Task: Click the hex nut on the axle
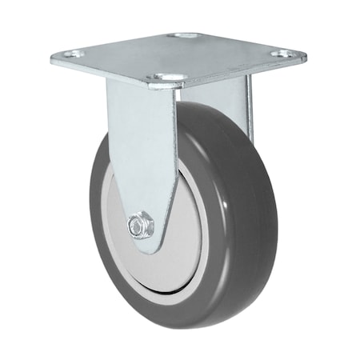pos(142,226)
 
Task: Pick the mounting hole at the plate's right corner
pos(281,54)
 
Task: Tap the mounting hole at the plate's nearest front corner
pos(167,78)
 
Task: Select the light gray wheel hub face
pos(172,256)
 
